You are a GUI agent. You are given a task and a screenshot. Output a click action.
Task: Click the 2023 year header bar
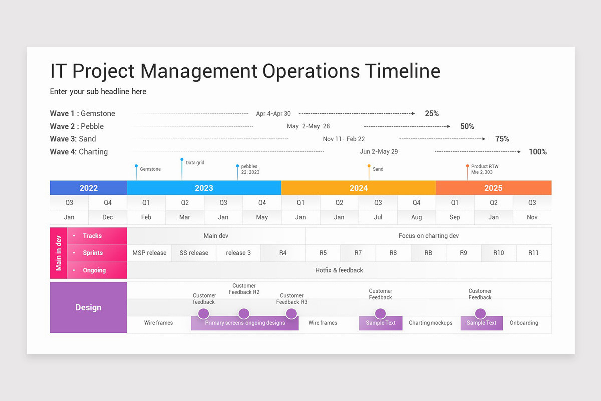click(204, 188)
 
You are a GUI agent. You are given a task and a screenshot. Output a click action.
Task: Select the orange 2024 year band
click(358, 188)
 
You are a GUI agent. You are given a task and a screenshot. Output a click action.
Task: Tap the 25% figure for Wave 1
click(431, 114)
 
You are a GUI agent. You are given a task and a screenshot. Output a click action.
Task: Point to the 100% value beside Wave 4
click(537, 152)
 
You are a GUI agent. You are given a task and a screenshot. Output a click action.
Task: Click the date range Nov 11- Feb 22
click(344, 139)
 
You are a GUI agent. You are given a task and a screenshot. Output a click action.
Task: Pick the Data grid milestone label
click(195, 163)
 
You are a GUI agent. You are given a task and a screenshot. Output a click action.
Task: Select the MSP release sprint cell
click(149, 253)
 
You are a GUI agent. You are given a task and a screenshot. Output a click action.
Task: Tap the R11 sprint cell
click(533, 253)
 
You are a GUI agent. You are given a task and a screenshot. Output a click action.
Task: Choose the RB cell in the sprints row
click(428, 253)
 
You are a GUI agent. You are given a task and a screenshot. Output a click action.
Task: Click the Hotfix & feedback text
click(339, 270)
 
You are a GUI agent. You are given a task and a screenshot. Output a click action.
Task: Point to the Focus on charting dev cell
click(428, 236)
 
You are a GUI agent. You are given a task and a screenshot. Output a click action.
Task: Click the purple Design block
click(88, 307)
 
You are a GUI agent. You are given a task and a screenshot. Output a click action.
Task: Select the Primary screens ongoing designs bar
click(245, 323)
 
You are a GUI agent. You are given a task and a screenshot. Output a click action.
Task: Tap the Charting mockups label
click(430, 323)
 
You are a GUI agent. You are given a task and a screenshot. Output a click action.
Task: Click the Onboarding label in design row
click(524, 323)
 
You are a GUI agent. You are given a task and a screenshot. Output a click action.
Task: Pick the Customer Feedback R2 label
click(244, 289)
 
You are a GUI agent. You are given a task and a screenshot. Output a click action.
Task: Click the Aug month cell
click(416, 217)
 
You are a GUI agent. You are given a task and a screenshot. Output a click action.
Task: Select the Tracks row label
click(92, 236)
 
